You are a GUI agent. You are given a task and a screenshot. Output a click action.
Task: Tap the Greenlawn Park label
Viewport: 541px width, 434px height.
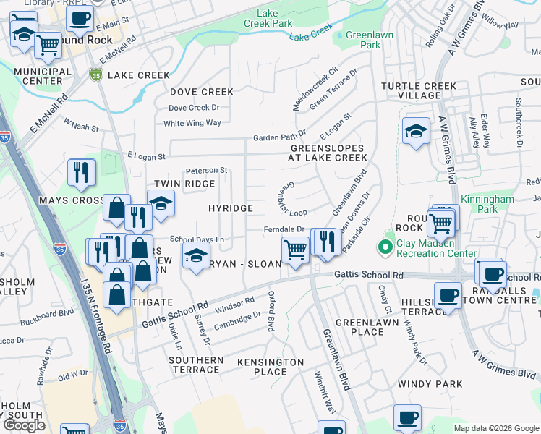(362, 40)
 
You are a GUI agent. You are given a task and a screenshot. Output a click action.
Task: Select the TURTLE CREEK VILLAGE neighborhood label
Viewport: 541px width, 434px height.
(419, 90)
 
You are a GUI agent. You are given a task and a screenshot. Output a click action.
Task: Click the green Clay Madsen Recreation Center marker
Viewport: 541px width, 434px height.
(385, 248)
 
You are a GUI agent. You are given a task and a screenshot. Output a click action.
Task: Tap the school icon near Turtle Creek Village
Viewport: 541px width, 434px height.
(416, 132)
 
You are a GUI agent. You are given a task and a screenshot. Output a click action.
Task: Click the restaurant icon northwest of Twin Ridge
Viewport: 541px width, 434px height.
(81, 173)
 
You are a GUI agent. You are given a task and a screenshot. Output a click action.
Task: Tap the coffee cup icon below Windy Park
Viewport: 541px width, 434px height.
(407, 418)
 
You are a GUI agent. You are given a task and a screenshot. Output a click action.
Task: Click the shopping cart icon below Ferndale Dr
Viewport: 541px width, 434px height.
(294, 250)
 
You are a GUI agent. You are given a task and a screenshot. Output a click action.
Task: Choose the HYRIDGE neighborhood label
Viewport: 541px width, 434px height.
(231, 208)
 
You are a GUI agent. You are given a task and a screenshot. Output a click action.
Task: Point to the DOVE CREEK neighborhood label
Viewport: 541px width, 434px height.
(202, 92)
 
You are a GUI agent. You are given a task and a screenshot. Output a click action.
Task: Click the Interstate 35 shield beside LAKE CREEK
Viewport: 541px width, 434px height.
(96, 75)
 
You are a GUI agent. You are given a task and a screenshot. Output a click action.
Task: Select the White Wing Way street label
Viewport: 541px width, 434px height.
(192, 123)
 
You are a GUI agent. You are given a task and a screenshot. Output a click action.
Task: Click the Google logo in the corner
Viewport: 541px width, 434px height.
(24, 425)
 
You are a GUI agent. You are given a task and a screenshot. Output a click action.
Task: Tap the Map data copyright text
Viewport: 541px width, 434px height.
(496, 428)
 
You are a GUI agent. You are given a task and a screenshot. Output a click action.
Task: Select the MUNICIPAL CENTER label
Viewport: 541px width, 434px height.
(42, 76)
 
